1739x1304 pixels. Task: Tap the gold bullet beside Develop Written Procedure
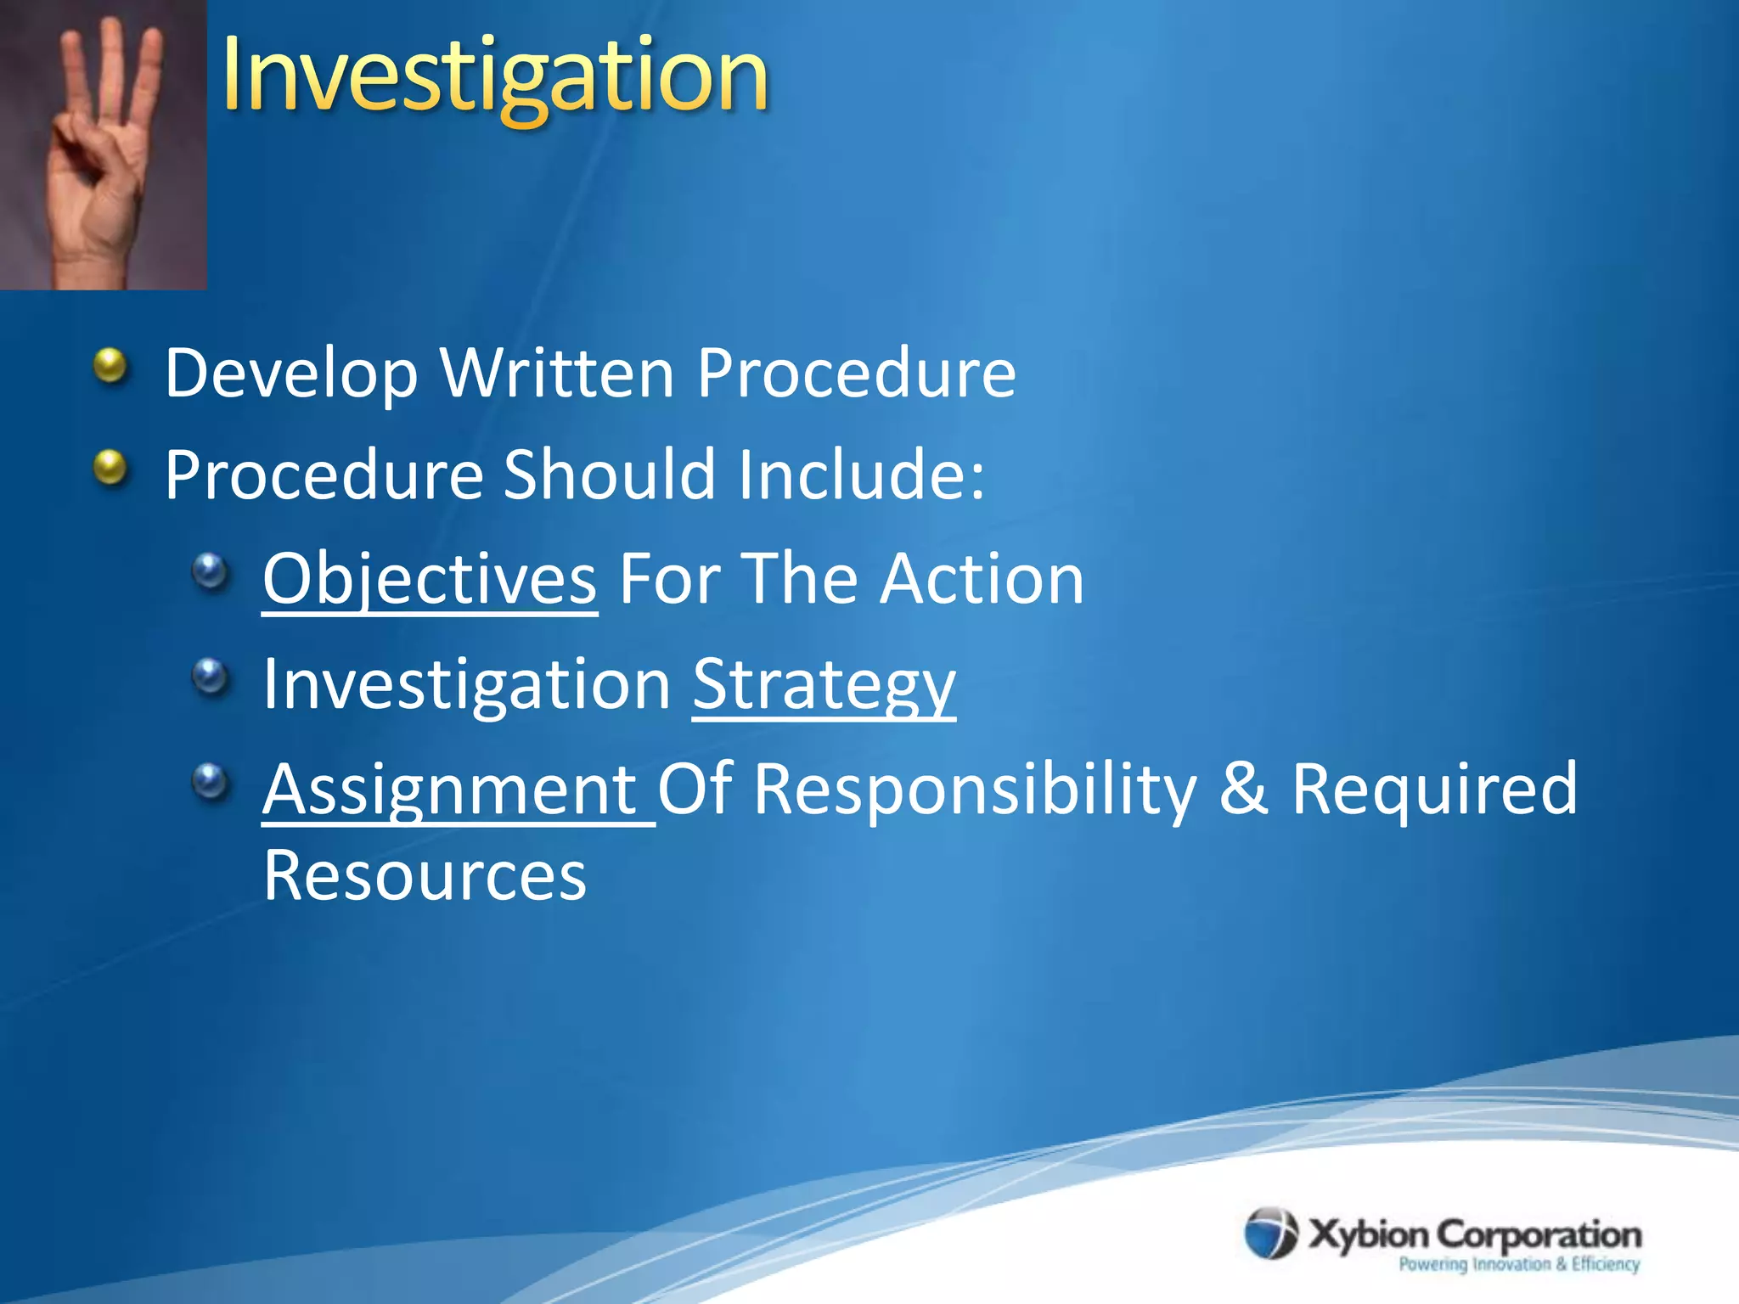110,367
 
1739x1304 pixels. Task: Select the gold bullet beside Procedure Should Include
110,468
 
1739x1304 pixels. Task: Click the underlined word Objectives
430,579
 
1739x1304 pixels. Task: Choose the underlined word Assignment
450,790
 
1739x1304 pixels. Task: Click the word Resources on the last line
425,876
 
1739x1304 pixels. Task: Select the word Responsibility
975,790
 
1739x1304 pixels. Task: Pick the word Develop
291,374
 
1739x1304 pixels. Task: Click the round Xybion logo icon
1270,1233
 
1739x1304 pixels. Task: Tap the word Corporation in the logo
1539,1234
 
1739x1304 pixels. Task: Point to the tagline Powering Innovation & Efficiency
1518,1264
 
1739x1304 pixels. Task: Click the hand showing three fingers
102,144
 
